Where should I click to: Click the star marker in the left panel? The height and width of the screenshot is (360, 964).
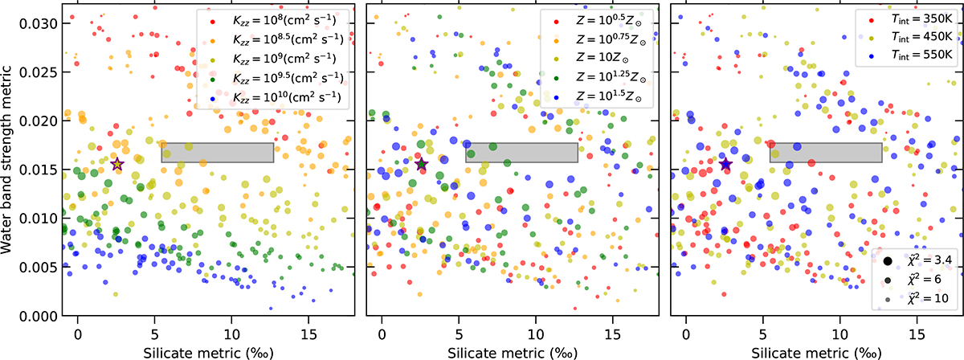tap(117, 164)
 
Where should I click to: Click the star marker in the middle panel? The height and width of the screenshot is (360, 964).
tap(422, 164)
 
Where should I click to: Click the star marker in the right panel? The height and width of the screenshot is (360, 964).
tap(725, 164)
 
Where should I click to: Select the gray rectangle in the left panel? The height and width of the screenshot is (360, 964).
tap(218, 153)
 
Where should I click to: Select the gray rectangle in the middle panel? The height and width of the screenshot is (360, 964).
tap(521, 153)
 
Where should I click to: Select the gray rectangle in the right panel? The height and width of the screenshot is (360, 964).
tap(826, 153)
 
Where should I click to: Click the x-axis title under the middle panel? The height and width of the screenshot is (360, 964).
tap(512, 352)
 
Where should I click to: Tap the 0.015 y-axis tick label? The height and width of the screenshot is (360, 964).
tap(36, 170)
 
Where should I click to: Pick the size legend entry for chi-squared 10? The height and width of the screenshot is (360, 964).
tap(917, 298)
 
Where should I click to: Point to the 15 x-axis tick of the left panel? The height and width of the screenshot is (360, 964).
tap(308, 331)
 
